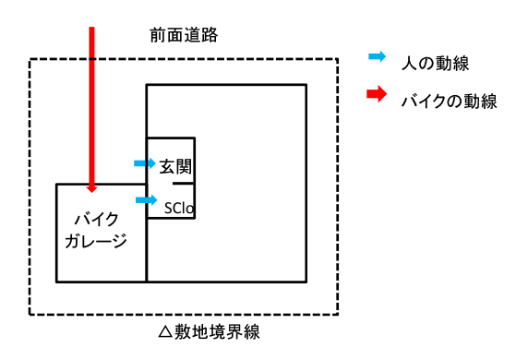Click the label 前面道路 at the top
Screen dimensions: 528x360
click(x=184, y=35)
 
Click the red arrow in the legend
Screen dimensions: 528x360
click(x=378, y=96)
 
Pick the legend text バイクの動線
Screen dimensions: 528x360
click(x=449, y=100)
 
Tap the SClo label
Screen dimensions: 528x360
click(x=177, y=208)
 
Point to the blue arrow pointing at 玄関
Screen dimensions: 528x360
click(x=144, y=163)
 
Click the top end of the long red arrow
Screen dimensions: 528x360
click(x=91, y=30)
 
